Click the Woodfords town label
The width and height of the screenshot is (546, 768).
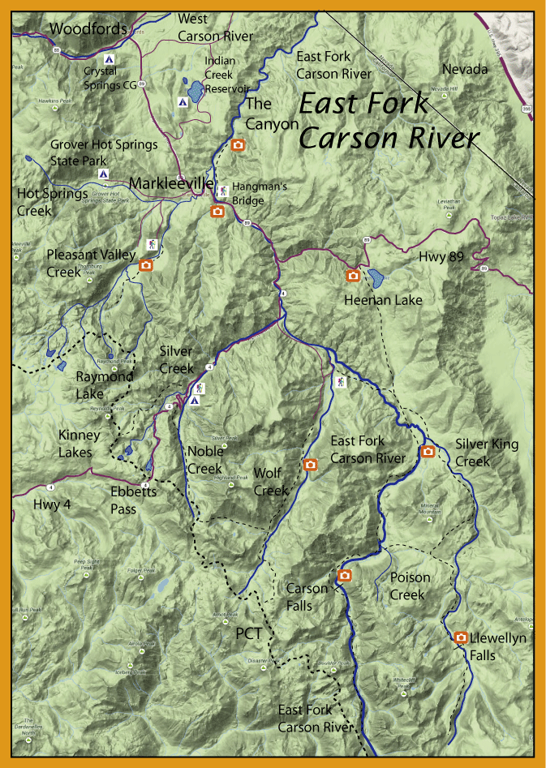tap(88, 29)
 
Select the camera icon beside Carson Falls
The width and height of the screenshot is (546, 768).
tap(345, 576)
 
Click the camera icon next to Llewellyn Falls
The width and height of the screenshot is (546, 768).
tap(461, 637)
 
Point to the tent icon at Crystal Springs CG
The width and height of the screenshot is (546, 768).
tap(110, 59)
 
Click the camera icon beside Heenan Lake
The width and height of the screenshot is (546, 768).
tap(353, 276)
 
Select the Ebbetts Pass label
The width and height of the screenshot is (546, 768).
tap(135, 499)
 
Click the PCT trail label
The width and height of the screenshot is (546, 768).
tap(248, 633)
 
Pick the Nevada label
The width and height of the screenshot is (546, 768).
tap(466, 70)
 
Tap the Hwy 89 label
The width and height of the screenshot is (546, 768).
tap(443, 257)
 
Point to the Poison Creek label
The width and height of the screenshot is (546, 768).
tap(411, 586)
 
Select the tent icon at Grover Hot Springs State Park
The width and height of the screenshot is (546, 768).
tap(103, 174)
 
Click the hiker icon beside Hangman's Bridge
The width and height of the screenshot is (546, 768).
tap(221, 190)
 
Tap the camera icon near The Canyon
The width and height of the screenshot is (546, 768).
tap(238, 145)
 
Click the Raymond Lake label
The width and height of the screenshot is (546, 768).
tap(105, 384)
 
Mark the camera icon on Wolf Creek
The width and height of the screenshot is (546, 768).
tap(309, 465)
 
